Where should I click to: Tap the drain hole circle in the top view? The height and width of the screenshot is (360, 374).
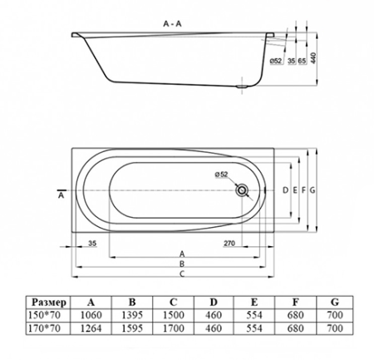pos(242,190)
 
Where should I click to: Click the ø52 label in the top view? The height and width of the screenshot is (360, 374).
pos(222,174)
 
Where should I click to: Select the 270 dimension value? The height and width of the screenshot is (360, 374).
pos(231,244)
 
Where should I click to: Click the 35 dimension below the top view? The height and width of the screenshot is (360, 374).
pos(92,244)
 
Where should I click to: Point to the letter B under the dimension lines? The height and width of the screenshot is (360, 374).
pos(181,264)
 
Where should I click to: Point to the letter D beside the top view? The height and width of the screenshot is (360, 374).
pos(285,190)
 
